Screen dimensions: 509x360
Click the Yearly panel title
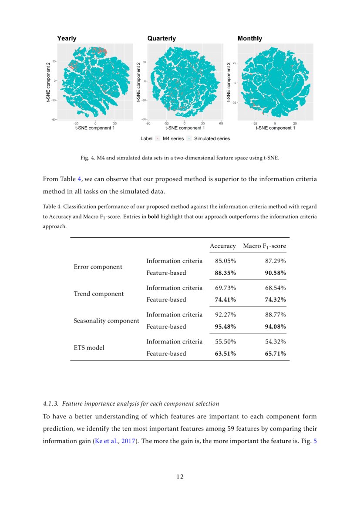point(67,38)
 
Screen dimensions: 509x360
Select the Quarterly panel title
point(161,38)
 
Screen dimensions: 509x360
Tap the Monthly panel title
point(250,38)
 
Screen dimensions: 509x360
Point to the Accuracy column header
point(222,246)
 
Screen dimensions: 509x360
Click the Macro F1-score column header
point(264,246)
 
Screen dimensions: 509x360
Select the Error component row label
point(98,266)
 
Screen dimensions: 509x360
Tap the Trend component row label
point(99,293)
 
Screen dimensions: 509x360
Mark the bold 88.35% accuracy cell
point(225,273)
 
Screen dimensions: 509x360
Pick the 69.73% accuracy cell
point(225,288)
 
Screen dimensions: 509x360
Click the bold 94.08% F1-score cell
point(276,327)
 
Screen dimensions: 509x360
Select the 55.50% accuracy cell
point(225,342)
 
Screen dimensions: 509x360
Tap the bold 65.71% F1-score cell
point(276,354)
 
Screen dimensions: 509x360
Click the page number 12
point(180,477)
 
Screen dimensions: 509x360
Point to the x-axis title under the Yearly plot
point(95,128)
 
